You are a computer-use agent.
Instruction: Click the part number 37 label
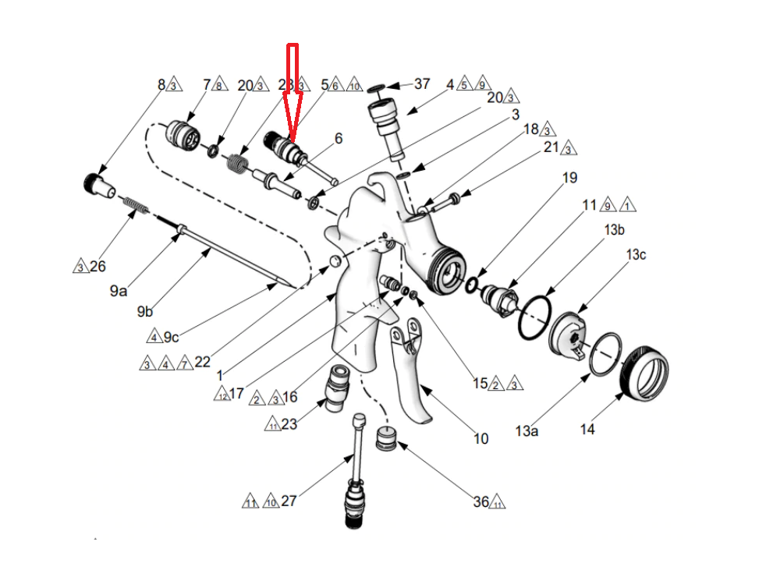(x=421, y=83)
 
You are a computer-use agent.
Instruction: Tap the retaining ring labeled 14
(x=645, y=372)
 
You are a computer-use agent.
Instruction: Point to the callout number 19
(x=569, y=178)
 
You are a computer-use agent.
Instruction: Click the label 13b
(x=614, y=230)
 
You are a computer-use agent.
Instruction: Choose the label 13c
(x=636, y=255)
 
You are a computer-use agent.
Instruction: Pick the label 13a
(x=527, y=430)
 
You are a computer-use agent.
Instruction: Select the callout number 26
(x=98, y=267)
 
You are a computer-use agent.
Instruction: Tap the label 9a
(x=119, y=291)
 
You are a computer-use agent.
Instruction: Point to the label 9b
(x=144, y=312)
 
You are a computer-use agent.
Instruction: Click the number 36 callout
(x=481, y=501)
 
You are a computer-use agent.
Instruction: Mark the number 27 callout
(x=289, y=501)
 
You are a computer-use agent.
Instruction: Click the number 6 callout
(x=339, y=139)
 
